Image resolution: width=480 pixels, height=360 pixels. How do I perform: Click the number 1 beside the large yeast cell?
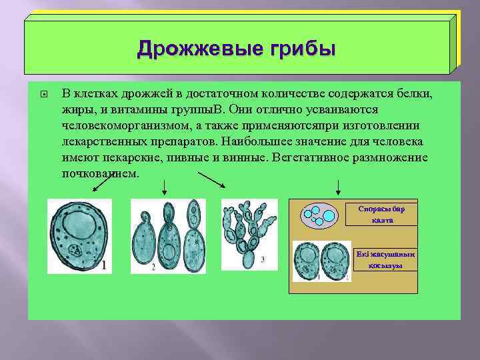pyautogui.click(x=104, y=265)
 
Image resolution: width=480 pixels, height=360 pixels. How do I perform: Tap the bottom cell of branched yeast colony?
pyautogui.click(x=248, y=260)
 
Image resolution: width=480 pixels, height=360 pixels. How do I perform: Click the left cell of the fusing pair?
pyautogui.click(x=308, y=260)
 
